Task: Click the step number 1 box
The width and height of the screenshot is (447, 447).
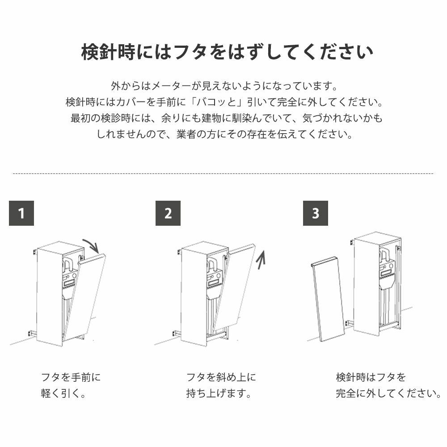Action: coord(21,213)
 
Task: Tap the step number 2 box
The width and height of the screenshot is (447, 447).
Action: coord(168,213)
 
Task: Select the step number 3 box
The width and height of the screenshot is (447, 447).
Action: coord(315,213)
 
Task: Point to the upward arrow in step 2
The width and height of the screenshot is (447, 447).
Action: coord(261,259)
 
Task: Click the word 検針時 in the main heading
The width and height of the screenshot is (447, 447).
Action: coord(108,52)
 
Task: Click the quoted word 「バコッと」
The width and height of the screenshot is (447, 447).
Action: coord(218,102)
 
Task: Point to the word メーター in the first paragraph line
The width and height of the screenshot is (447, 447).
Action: coord(170,85)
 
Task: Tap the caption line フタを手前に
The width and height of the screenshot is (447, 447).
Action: coord(71,377)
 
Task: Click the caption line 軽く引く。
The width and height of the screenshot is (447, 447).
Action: coord(63,393)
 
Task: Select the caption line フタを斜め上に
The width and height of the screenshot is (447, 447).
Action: coord(221,377)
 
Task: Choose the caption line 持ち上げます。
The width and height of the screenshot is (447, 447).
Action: coord(219,393)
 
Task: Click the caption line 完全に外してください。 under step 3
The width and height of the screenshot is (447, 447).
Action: coord(388,393)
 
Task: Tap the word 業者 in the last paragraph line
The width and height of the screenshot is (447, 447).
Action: coord(186,134)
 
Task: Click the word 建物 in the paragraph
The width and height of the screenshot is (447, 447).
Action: coord(211,118)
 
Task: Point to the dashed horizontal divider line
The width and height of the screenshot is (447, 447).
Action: coord(223,173)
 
